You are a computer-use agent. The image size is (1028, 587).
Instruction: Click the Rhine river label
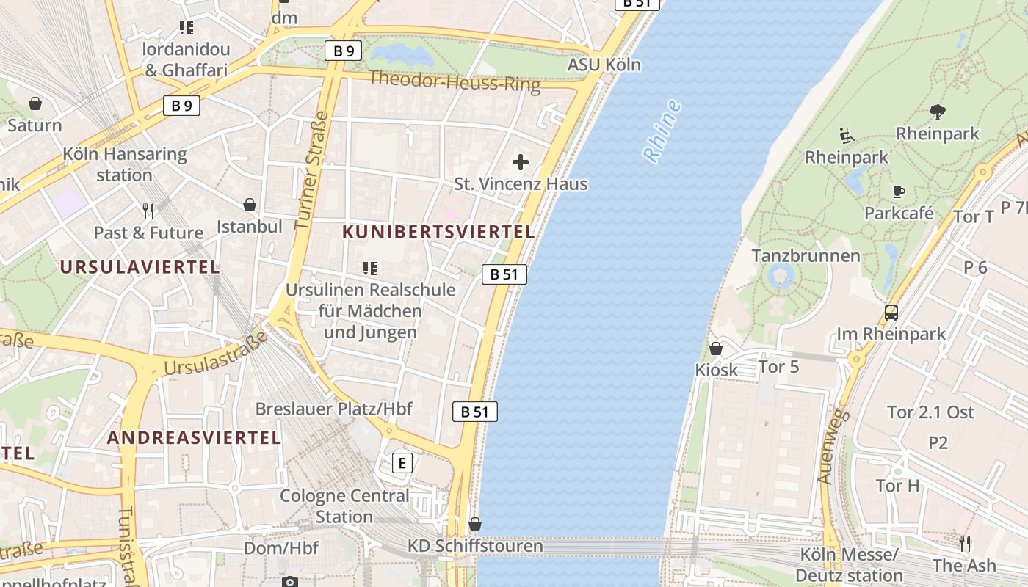click(662, 131)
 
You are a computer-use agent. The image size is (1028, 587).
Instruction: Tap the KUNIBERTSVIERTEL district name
click(438, 232)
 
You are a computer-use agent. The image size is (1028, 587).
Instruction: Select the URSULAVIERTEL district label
click(140, 267)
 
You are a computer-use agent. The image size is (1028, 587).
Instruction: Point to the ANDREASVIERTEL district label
click(194, 438)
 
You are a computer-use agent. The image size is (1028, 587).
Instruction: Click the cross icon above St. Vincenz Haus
click(521, 162)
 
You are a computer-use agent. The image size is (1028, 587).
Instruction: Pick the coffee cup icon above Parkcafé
click(898, 192)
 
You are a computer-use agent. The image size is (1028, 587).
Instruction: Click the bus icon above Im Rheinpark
click(891, 313)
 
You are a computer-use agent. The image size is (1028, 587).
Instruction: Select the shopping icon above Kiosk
click(716, 349)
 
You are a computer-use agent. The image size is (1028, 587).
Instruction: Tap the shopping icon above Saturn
click(35, 103)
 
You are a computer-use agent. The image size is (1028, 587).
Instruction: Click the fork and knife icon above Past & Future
click(148, 211)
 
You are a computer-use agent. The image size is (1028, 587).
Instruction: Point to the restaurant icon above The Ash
click(965, 544)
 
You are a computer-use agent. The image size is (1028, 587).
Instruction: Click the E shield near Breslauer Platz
click(402, 463)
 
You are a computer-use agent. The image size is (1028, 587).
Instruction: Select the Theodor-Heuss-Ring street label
click(455, 81)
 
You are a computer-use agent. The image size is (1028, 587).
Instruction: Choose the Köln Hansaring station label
click(125, 165)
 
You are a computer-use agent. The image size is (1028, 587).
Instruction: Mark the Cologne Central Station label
click(344, 506)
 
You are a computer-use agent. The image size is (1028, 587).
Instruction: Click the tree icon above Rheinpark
click(937, 112)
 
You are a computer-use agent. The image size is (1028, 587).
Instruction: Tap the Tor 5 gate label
click(778, 366)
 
